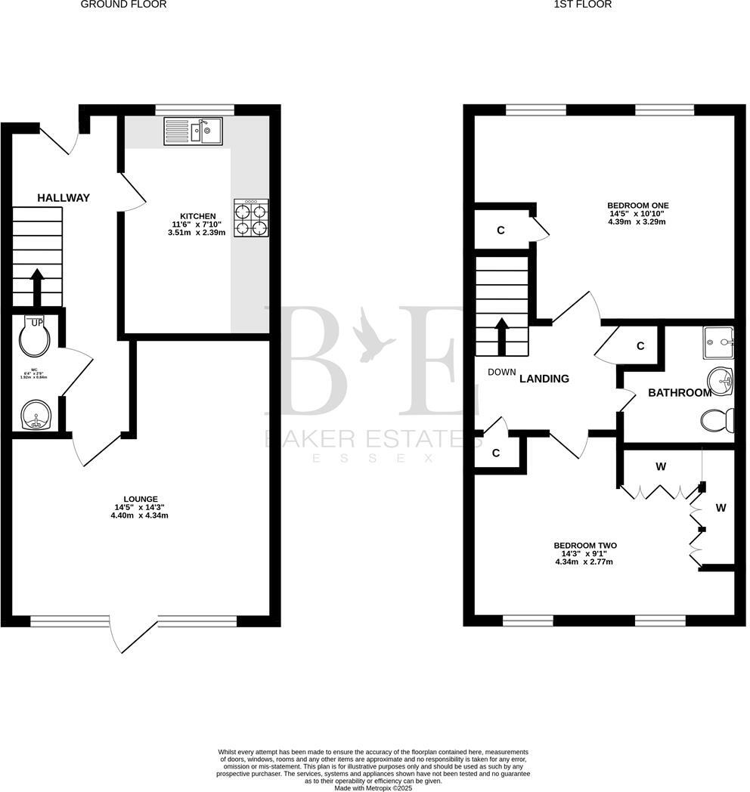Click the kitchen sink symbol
click(x=193, y=131)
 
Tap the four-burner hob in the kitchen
click(x=251, y=218)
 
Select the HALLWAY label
click(x=64, y=198)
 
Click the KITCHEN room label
click(x=197, y=216)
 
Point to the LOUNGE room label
click(x=136, y=499)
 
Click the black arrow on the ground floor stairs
click(x=36, y=286)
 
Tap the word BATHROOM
click(x=679, y=393)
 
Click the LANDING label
click(x=544, y=379)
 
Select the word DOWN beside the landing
click(x=501, y=372)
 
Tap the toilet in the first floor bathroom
click(x=718, y=420)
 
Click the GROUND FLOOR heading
click(x=123, y=5)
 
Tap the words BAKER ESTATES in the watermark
click(x=364, y=438)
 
